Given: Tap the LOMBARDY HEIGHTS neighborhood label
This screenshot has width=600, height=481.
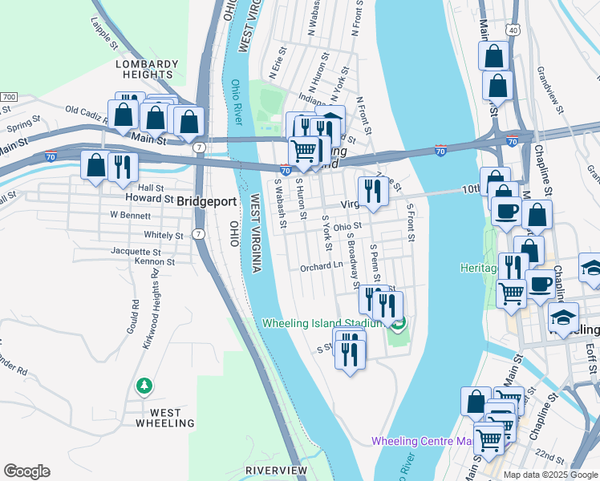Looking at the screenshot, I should pyautogui.click(x=146, y=69).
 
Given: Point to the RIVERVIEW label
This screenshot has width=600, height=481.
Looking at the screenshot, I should pyautogui.click(x=276, y=469).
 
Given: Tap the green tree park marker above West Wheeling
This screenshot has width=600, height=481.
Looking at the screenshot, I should pyautogui.click(x=144, y=386).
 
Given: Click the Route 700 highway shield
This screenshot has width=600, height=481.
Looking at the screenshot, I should pyautogui.click(x=8, y=97).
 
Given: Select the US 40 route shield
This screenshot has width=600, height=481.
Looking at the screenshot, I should pyautogui.click(x=513, y=30).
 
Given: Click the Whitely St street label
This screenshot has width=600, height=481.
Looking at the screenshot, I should pyautogui.click(x=163, y=236).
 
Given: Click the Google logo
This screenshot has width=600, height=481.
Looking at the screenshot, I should pyautogui.click(x=26, y=471).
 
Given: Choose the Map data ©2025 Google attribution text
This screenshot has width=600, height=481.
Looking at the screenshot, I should pyautogui.click(x=550, y=475).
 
